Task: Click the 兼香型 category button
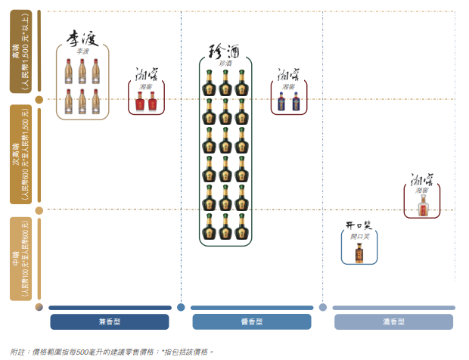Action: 110,321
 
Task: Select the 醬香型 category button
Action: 251,321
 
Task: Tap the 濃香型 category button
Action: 393,321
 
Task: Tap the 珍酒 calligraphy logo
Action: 225,51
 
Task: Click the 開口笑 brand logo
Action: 359,225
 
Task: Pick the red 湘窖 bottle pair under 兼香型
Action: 146,102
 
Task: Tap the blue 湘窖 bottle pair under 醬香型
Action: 289,102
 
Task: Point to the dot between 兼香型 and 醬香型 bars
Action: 181,307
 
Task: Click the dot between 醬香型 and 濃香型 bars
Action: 323,307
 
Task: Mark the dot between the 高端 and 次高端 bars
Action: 39,98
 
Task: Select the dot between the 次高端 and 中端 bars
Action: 39,209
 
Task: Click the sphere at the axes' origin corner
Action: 39,306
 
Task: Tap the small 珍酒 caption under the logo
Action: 225,64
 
